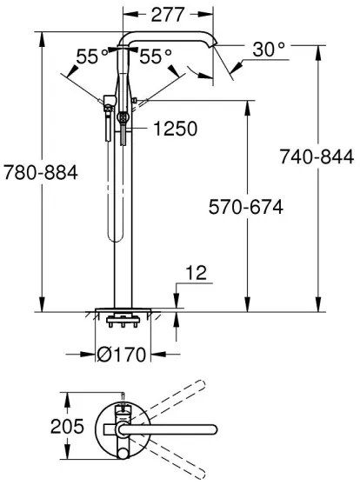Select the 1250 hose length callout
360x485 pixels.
click(x=175, y=129)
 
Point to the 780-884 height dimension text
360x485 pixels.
click(x=40, y=172)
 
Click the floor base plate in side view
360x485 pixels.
click(x=123, y=310)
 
